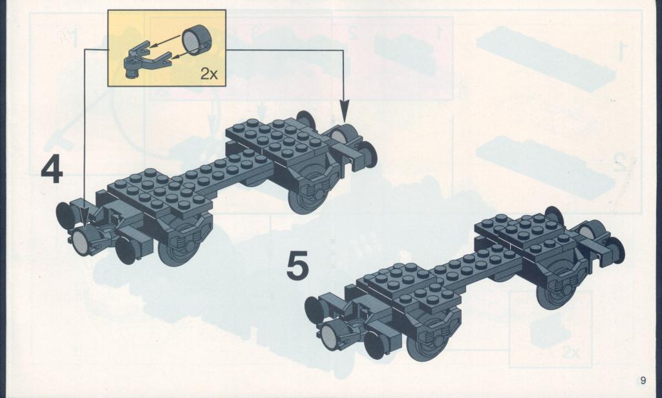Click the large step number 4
coord(52,171)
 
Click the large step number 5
coord(297,265)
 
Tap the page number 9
coord(643,381)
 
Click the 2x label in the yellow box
coord(209,74)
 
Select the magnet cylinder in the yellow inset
coord(196,40)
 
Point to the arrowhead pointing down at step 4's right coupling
coord(345,111)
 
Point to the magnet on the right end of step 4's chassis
coord(343,135)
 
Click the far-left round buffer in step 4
coord(67,216)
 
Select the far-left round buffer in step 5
coord(315,310)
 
